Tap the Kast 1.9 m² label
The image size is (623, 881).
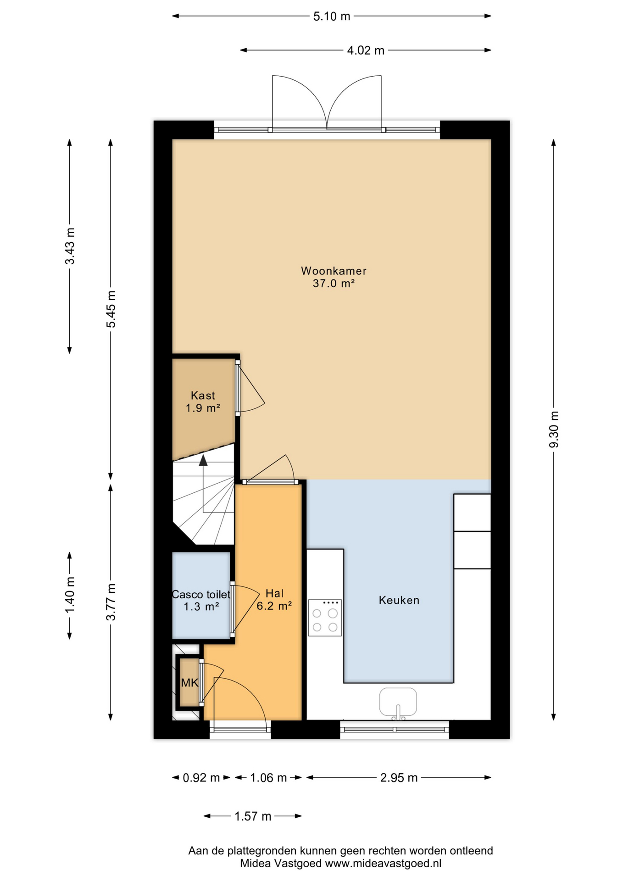point(203,401)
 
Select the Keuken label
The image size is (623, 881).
point(399,600)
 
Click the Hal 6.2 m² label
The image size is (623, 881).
point(274,600)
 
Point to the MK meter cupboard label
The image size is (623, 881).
point(189,683)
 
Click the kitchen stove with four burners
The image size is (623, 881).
point(325,618)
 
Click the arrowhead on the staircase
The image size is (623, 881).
point(203,460)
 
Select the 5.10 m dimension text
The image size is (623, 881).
point(332,17)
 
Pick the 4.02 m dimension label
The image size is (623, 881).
point(366,50)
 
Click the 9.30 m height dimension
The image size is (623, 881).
point(554,429)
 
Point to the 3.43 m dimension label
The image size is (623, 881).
point(70,246)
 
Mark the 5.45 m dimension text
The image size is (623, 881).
point(111,309)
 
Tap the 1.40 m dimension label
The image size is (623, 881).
point(70,595)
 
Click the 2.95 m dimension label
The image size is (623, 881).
point(399,778)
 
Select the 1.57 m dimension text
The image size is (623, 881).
point(253,817)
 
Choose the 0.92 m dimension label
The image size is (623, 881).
point(201,778)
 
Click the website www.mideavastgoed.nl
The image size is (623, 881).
point(383,864)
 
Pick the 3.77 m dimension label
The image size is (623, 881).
point(111,602)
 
